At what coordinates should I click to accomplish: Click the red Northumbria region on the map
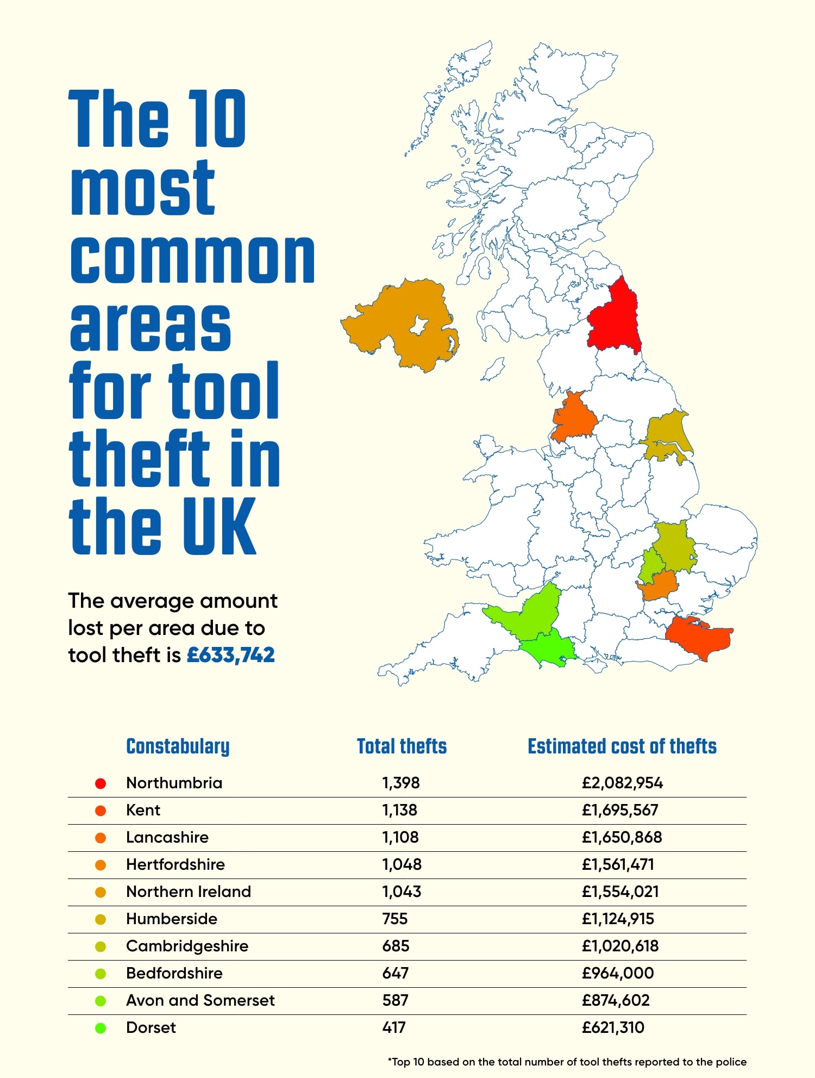[614, 321]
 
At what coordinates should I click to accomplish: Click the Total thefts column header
[402, 746]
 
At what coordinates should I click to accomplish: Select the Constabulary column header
[178, 746]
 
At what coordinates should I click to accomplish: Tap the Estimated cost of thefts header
[622, 746]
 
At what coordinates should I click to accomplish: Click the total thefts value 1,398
[400, 783]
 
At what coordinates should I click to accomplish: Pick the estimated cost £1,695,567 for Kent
[620, 810]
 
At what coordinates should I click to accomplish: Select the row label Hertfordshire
[175, 864]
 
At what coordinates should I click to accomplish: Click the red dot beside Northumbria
[101, 783]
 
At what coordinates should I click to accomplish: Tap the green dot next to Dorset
[101, 1028]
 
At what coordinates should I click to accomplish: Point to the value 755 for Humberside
[394, 919]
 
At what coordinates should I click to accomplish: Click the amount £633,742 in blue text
[231, 655]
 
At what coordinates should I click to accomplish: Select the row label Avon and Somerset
[200, 1000]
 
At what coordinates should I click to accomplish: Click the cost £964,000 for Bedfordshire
[618, 973]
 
